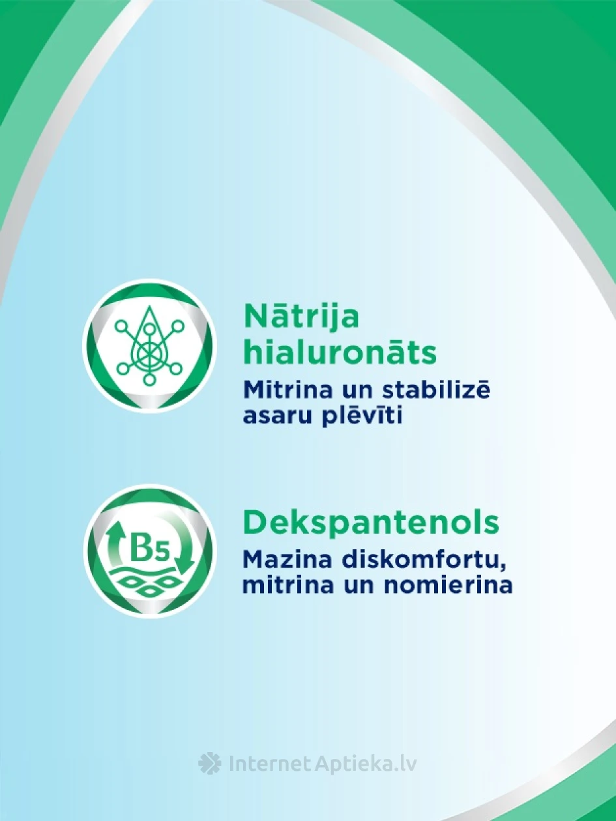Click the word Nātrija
point(301,317)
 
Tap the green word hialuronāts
point(339,353)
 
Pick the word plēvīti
point(364,416)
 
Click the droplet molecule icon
point(149,346)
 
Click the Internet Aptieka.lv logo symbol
point(210,764)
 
